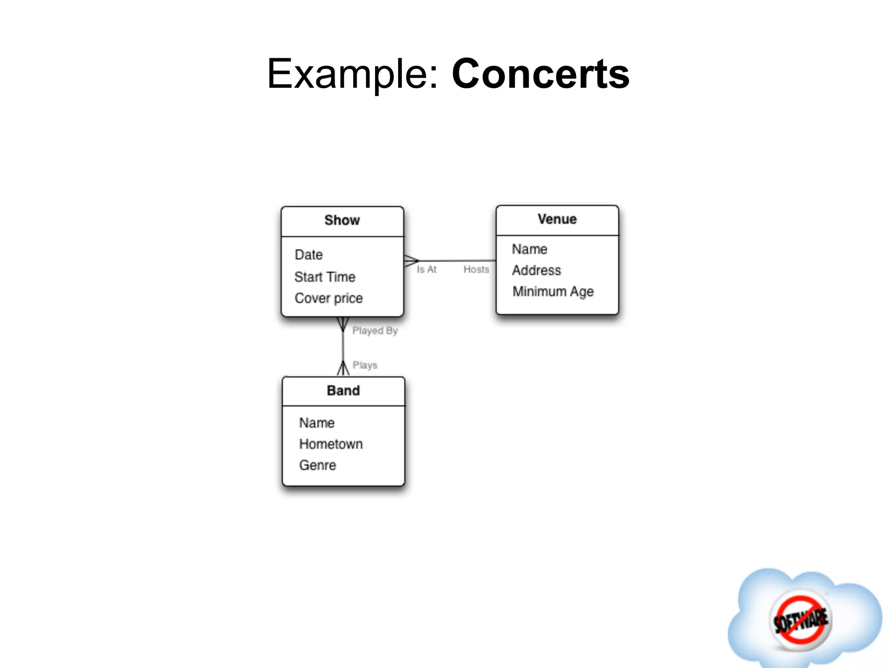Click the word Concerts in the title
click(540, 74)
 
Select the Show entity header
click(342, 220)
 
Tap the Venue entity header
click(557, 219)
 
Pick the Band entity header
click(343, 391)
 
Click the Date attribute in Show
click(308, 255)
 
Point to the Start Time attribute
click(325, 277)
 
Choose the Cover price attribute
click(328, 298)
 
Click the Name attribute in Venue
click(529, 249)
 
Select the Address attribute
click(536, 271)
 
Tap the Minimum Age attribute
click(553, 291)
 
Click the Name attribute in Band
click(317, 423)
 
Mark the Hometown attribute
click(331, 444)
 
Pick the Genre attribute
click(318, 465)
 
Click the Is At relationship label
click(426, 270)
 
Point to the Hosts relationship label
click(476, 270)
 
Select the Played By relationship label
click(375, 331)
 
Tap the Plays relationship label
click(365, 365)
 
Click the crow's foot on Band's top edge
click(343, 369)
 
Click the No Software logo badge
click(801, 620)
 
